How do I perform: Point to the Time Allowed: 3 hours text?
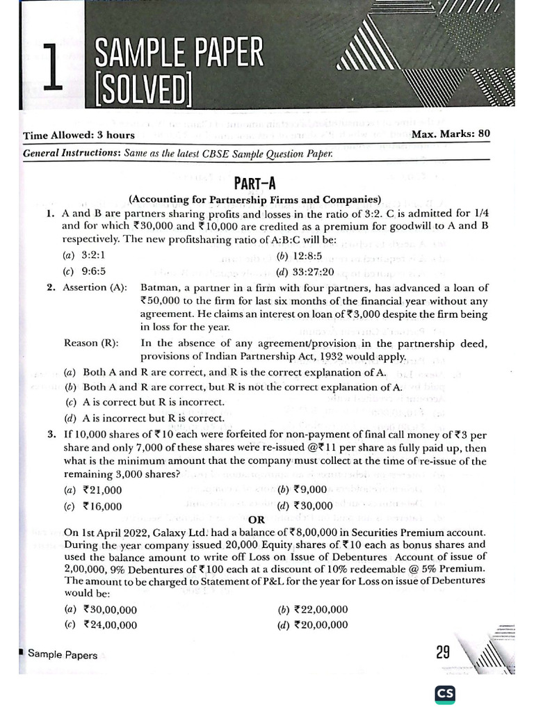pyautogui.click(x=79, y=135)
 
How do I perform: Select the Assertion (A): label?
pyautogui.click(x=95, y=287)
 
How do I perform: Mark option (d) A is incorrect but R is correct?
pyautogui.click(x=145, y=418)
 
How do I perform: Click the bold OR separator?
pyautogui.click(x=256, y=519)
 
